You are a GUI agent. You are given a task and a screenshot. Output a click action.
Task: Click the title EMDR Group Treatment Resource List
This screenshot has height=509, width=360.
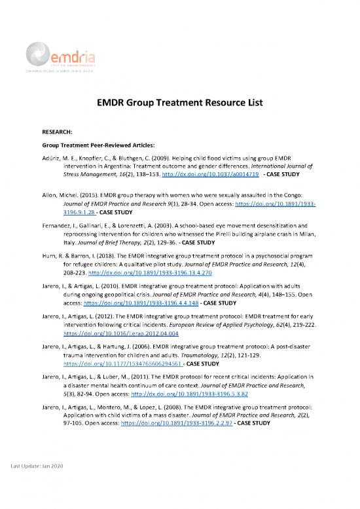(x=180, y=102)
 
